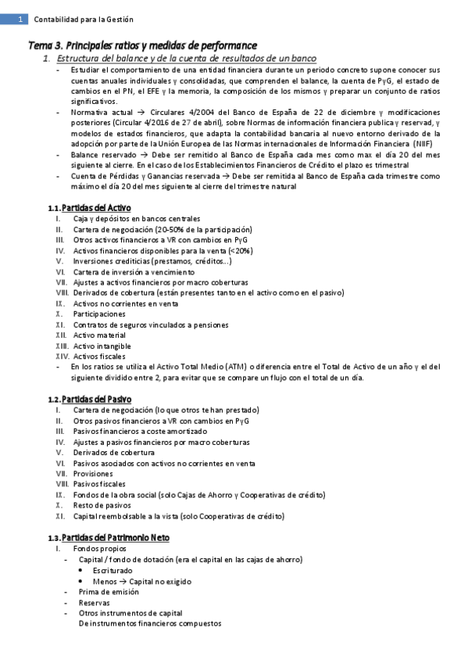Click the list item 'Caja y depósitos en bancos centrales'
(136, 218)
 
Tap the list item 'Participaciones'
(98, 314)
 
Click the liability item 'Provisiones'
(93, 474)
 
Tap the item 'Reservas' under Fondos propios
(95, 603)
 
